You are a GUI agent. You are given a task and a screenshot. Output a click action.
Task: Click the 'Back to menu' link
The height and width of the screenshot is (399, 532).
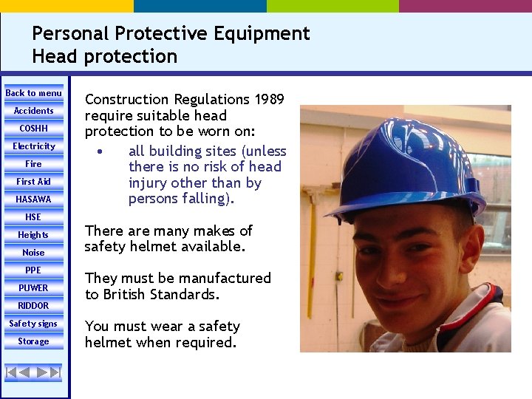point(34,93)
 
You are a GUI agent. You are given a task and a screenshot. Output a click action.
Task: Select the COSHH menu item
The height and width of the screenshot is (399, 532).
point(34,129)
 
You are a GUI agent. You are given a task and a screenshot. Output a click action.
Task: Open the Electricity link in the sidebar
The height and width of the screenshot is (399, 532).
point(34,146)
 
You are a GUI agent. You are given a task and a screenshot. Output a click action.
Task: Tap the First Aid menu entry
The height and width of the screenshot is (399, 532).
point(34,182)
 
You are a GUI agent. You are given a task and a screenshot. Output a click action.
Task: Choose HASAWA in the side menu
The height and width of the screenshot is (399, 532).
point(34,199)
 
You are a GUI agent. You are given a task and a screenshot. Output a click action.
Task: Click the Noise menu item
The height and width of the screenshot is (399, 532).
point(34,253)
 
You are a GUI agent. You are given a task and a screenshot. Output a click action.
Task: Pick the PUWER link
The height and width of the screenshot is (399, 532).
point(34,288)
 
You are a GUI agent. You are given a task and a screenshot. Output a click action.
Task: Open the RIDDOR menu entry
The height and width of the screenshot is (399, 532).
point(34,306)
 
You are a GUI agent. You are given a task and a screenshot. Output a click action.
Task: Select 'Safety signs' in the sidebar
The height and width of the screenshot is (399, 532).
point(34,324)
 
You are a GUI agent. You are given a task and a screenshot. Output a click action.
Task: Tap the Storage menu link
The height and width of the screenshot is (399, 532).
point(34,341)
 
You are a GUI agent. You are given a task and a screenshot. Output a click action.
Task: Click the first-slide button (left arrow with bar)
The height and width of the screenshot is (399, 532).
point(13,372)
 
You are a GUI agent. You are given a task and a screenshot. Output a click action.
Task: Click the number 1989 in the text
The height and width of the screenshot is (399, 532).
point(269,99)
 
